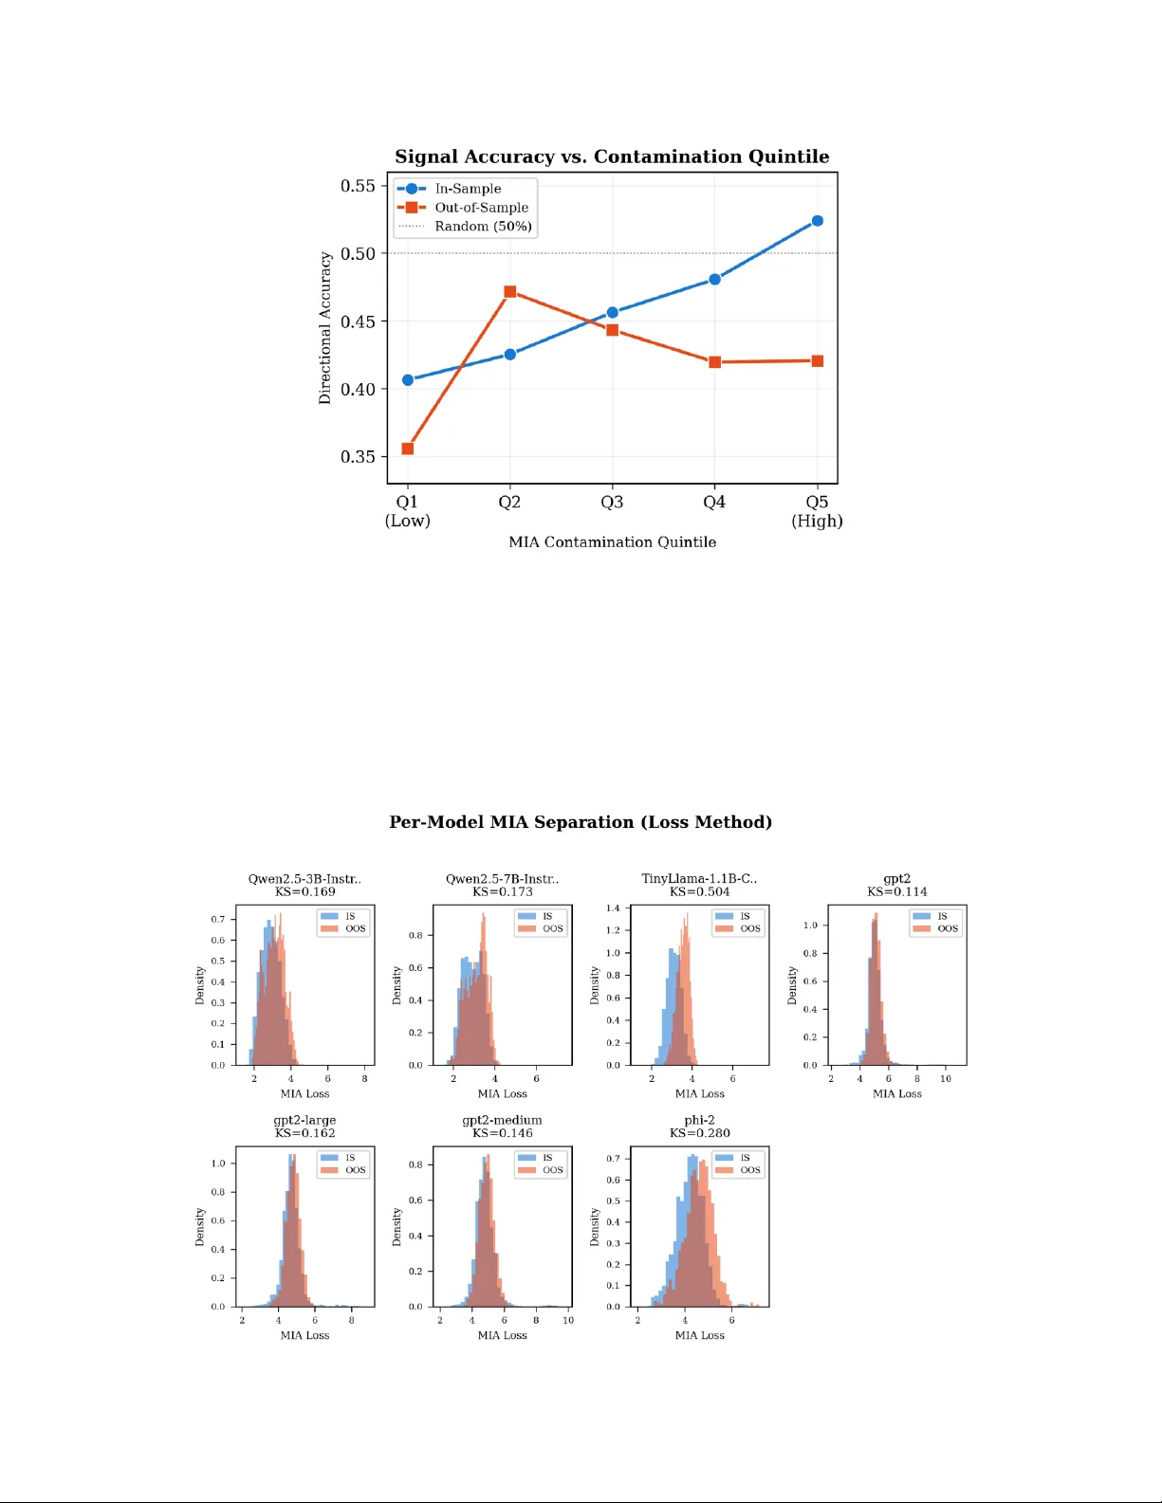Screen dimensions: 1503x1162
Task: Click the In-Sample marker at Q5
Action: click(x=817, y=221)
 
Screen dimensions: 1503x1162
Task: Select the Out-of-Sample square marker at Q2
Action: click(x=510, y=292)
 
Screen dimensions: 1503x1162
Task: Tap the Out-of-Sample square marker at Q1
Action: click(x=408, y=449)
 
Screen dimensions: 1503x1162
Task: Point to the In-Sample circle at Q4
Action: click(x=714, y=280)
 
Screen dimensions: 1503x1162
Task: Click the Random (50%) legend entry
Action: click(x=482, y=227)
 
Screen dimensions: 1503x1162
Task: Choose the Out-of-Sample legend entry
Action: click(x=481, y=208)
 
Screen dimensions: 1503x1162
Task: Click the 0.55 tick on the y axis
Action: click(x=358, y=186)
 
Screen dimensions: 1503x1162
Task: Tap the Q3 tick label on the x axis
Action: click(x=612, y=503)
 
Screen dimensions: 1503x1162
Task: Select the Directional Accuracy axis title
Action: click(x=325, y=328)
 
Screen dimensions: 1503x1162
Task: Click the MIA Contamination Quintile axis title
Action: click(x=612, y=542)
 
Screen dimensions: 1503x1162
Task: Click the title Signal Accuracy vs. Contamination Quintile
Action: click(x=612, y=156)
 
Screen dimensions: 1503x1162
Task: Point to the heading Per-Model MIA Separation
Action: click(x=581, y=822)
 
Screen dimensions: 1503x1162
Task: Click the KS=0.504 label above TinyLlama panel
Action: click(x=699, y=891)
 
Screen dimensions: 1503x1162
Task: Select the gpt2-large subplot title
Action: click(x=304, y=1120)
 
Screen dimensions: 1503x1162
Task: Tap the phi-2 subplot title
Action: click(x=699, y=1120)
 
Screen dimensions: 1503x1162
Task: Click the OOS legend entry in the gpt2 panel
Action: click(x=947, y=929)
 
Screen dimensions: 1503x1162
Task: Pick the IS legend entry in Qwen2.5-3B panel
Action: click(x=349, y=916)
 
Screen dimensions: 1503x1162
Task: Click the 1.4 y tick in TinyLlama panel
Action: click(x=613, y=908)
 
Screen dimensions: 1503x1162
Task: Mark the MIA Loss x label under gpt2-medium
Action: click(x=502, y=1335)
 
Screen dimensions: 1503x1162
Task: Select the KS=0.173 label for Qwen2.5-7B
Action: click(x=502, y=891)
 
